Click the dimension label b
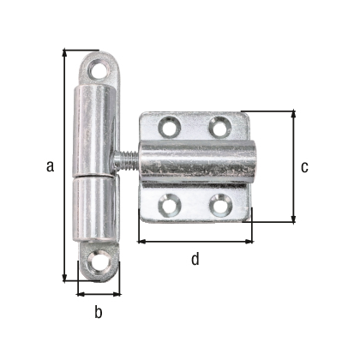click(x=98, y=313)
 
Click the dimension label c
click(x=304, y=167)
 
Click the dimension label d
click(x=195, y=259)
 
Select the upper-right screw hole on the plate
click(x=220, y=127)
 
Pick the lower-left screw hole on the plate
click(x=168, y=204)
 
